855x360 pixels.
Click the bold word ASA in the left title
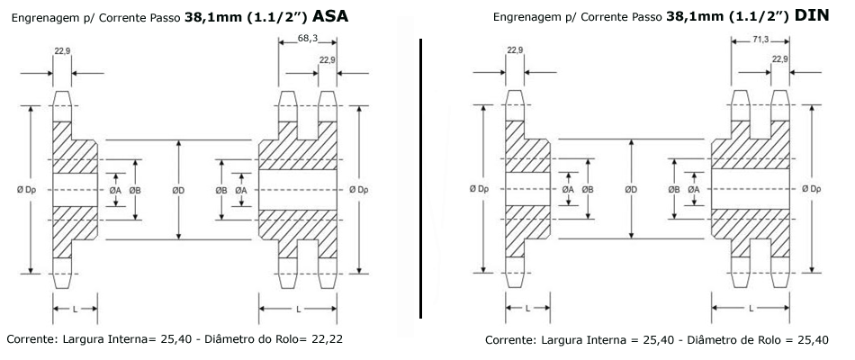(x=330, y=17)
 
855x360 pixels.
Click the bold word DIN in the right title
(x=812, y=16)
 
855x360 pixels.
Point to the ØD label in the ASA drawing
(x=178, y=190)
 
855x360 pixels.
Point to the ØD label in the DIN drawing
(x=631, y=189)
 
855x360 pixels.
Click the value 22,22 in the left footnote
(x=328, y=338)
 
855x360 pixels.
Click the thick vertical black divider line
(x=421, y=178)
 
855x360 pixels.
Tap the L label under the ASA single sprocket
(x=76, y=309)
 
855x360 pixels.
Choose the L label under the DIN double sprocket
(x=751, y=308)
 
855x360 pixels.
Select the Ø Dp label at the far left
(x=26, y=190)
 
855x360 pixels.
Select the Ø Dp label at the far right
(x=812, y=189)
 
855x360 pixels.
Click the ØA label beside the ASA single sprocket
(x=115, y=190)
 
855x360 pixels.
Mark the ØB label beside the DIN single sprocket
(x=588, y=189)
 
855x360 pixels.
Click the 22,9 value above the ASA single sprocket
(x=62, y=50)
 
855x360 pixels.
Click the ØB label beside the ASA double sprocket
(x=221, y=190)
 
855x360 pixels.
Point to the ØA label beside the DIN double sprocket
(x=694, y=189)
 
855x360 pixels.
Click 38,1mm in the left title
(x=207, y=18)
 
